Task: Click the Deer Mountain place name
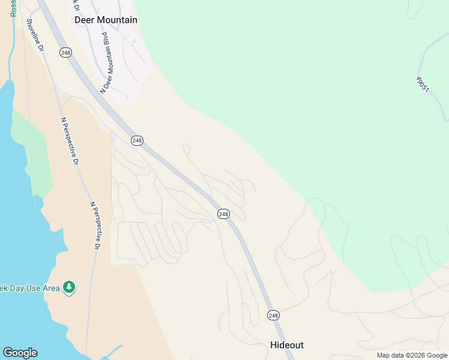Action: (106, 20)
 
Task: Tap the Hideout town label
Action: (287, 345)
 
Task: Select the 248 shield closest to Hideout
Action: (273, 315)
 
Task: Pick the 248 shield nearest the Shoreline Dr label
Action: (65, 53)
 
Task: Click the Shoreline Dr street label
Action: (35, 35)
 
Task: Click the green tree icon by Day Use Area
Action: (70, 287)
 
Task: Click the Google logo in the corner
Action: (20, 353)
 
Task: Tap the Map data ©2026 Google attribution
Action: (412, 355)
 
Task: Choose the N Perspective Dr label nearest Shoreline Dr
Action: (70, 140)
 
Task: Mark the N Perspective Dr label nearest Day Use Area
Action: (96, 225)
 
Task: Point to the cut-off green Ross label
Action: (14, 8)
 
